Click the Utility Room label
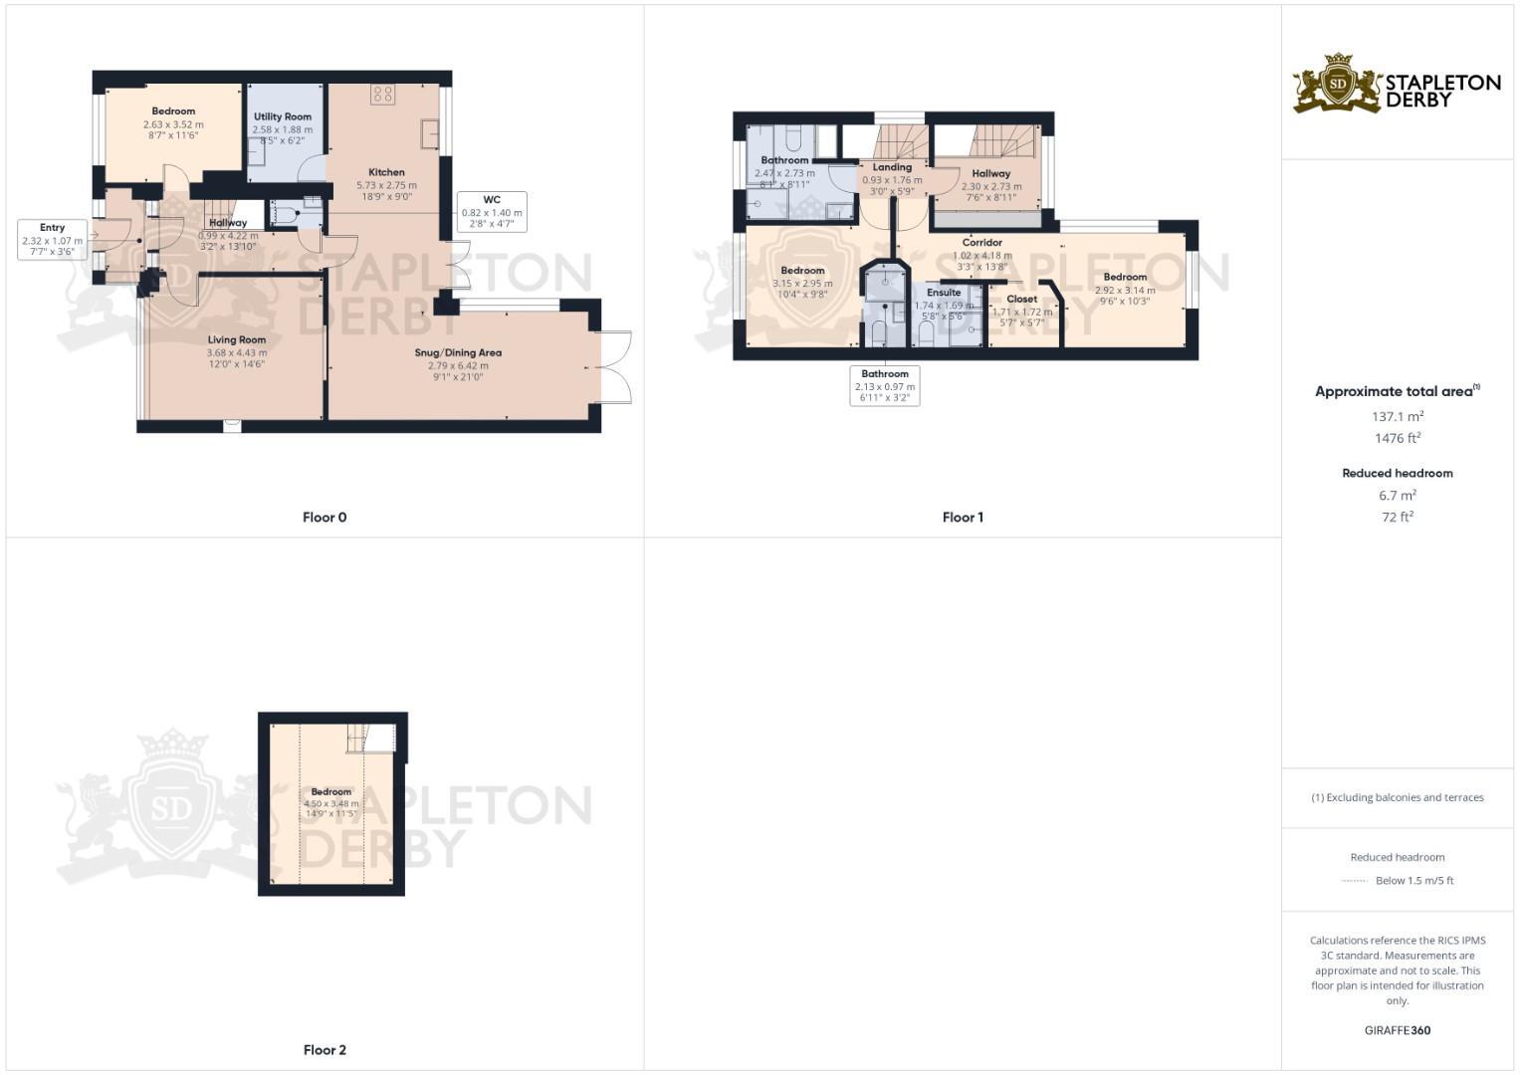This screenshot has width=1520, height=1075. (x=283, y=117)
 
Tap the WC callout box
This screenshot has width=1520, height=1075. (x=492, y=212)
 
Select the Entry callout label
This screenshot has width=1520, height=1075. (x=52, y=240)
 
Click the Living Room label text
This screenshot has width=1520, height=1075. (x=237, y=340)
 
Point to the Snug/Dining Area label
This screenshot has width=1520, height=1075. (x=458, y=353)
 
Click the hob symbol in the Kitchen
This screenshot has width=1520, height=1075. (x=382, y=95)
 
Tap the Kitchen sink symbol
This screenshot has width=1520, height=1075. (x=430, y=133)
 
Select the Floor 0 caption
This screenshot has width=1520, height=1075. (x=325, y=518)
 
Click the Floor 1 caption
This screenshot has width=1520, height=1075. (x=963, y=518)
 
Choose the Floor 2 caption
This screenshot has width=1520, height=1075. (x=325, y=1050)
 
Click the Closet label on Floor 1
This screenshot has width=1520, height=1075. (x=1022, y=300)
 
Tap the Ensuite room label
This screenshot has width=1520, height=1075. (x=944, y=293)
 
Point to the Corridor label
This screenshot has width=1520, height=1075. (x=982, y=243)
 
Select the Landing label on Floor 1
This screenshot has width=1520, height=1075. (x=892, y=168)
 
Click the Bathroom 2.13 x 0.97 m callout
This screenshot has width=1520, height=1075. (x=885, y=386)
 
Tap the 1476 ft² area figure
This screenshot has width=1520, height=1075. (x=1398, y=439)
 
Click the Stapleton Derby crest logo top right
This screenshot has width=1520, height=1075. (x=1338, y=84)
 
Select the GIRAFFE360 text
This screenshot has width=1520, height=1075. (x=1398, y=1031)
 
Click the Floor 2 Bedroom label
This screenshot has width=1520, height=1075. (x=331, y=792)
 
